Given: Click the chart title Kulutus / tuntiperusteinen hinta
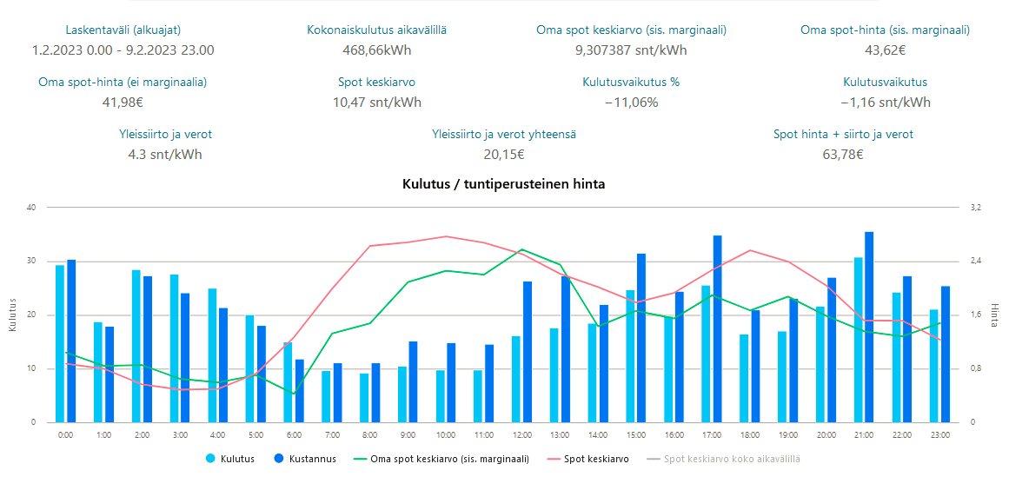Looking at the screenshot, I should coord(504,184).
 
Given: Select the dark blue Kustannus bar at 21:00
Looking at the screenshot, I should coord(869,327).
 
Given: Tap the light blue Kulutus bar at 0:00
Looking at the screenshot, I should coord(60,343).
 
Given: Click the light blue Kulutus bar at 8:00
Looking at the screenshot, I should coord(364,398).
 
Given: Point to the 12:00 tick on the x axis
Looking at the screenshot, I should coord(521,434).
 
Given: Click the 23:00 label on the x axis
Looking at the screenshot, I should coord(939,434).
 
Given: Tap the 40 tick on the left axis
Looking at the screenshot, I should coord(31,208).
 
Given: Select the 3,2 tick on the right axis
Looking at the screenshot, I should coord(975,208).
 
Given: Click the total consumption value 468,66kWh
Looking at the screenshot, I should coord(376,50).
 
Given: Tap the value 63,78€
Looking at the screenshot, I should coord(842,155).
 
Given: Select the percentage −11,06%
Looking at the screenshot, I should coord(631,103).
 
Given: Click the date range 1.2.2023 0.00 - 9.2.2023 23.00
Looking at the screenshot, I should coord(123,50).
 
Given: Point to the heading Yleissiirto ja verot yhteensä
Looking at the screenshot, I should coord(504,135).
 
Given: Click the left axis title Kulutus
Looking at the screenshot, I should coord(12,315).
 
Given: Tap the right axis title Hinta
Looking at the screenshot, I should coord(994,315).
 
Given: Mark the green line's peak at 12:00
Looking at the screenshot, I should coord(521,249).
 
